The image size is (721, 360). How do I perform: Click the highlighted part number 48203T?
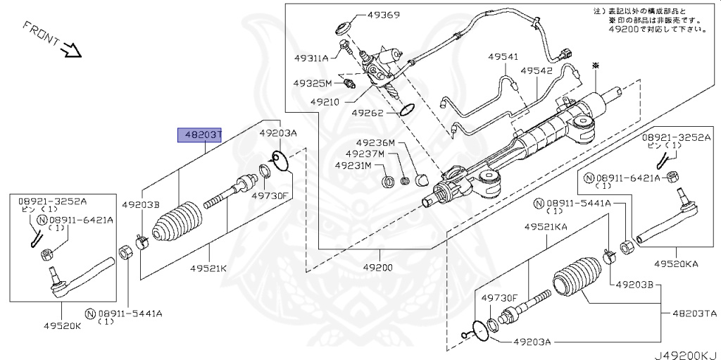pos(200,135)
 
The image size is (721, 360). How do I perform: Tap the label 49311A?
pos(311,58)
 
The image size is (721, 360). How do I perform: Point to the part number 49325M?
pos(313,83)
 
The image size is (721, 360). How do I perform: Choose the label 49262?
pos(368,112)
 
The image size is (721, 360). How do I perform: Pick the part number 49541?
pos(503,57)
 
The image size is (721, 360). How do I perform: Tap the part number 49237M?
pos(365,154)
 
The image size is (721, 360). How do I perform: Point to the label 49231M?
pos(355,166)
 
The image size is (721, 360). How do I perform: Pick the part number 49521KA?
pos(545,227)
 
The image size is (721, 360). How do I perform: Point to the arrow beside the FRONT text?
pos(73,50)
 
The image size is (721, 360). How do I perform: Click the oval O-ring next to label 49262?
pos(406,109)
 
